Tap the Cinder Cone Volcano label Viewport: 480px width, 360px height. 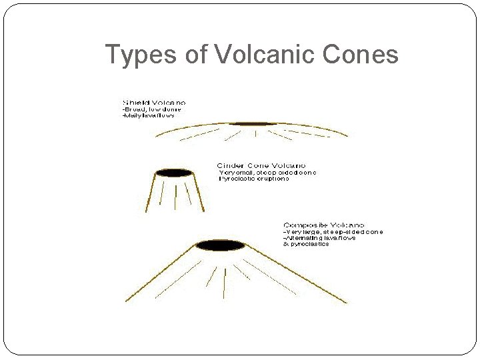point(261,165)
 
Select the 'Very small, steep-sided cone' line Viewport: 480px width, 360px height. point(268,172)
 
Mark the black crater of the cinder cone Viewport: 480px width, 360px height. point(175,173)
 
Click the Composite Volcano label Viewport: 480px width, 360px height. point(324,225)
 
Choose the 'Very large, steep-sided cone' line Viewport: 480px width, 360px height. point(333,232)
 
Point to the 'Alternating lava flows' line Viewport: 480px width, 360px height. point(320,238)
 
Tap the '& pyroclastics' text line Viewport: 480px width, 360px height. point(306,244)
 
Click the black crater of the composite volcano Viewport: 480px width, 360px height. point(221,245)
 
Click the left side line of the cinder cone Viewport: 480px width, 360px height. point(151,193)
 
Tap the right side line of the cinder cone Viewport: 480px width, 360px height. point(199,193)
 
